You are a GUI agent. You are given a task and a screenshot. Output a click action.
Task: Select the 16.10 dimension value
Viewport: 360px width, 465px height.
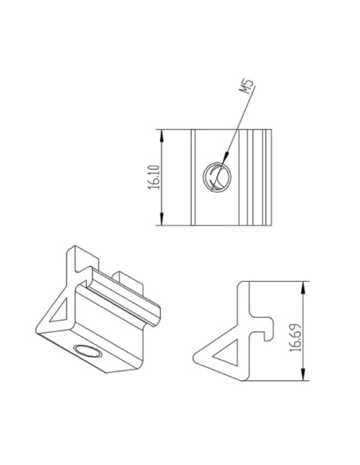(x=154, y=178)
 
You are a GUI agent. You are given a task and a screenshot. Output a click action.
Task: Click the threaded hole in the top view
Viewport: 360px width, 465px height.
(x=216, y=174)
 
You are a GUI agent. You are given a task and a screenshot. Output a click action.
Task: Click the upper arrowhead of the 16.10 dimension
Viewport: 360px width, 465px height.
(x=163, y=135)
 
